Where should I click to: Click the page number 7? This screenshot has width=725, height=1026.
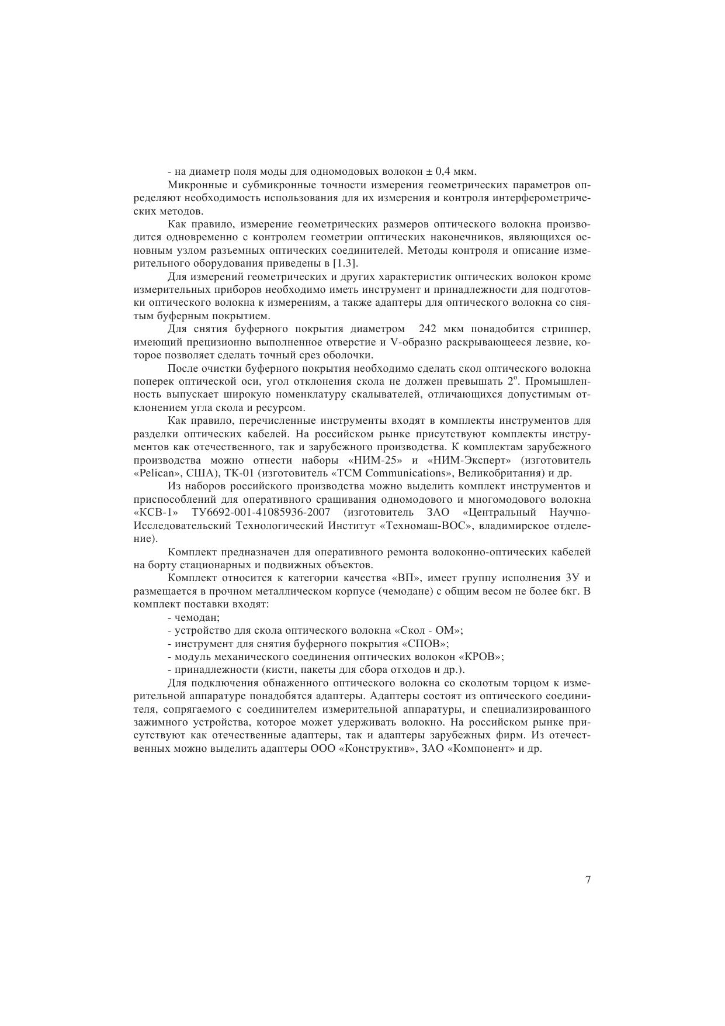click(588, 880)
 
